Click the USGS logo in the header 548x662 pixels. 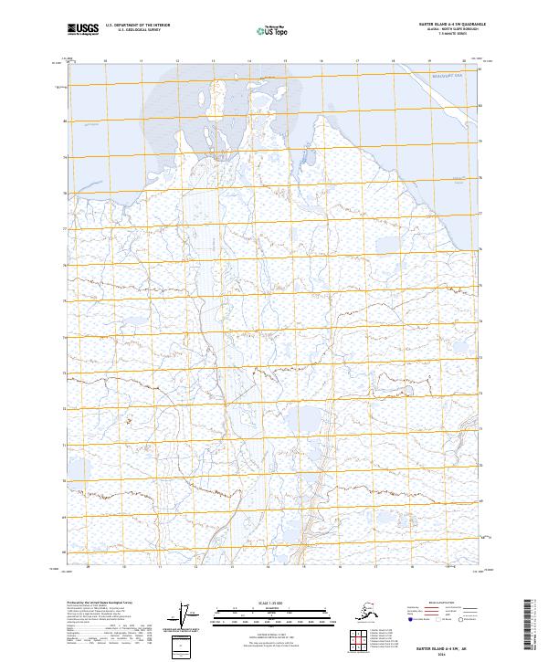pyautogui.click(x=83, y=32)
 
